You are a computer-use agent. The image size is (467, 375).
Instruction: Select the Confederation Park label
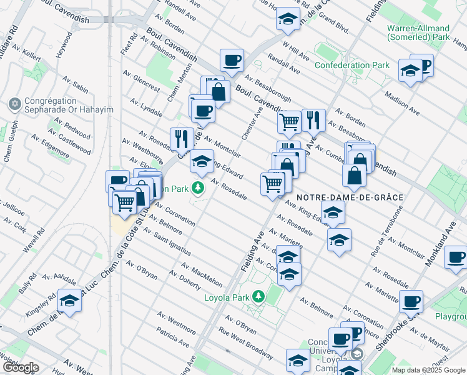(x=351, y=65)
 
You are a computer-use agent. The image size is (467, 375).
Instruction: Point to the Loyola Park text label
(x=227, y=297)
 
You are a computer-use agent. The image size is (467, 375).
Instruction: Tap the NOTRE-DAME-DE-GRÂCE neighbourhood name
(x=349, y=197)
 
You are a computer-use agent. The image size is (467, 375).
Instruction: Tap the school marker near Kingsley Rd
(x=71, y=302)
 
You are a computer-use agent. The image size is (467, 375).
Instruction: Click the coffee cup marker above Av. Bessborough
(x=232, y=61)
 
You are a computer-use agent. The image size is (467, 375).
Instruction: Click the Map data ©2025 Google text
(x=428, y=370)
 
